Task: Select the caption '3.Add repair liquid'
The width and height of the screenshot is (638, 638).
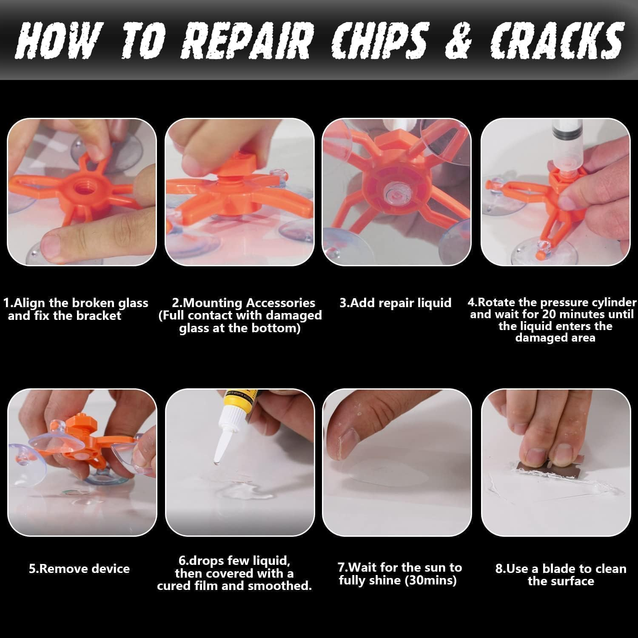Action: tap(395, 303)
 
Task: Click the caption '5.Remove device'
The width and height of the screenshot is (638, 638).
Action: tap(79, 569)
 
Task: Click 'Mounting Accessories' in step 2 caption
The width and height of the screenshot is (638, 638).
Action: tap(243, 303)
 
